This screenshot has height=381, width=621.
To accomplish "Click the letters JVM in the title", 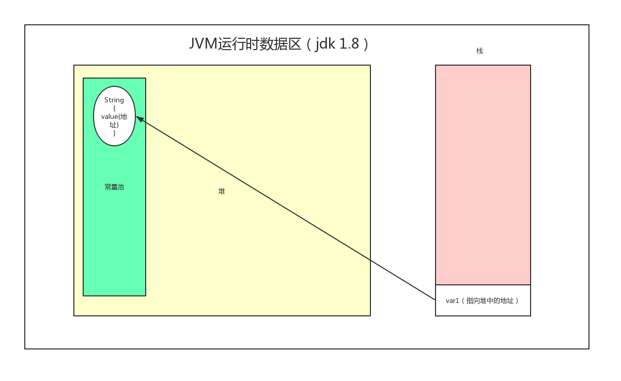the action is pyautogui.click(x=203, y=44).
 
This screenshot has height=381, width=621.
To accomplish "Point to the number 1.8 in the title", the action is pyautogui.click(x=349, y=44).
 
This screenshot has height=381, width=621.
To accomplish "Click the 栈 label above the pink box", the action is pyautogui.click(x=479, y=51).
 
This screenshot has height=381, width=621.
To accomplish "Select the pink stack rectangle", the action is pyautogui.click(x=483, y=175).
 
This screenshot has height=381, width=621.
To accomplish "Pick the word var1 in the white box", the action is pyautogui.click(x=453, y=300).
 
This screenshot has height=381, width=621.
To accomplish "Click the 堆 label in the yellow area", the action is pyautogui.click(x=222, y=191).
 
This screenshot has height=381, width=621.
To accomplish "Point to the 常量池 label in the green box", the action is pyautogui.click(x=114, y=187).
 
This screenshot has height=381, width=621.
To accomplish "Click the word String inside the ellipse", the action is pyautogui.click(x=114, y=100).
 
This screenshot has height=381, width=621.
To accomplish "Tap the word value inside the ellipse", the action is pyautogui.click(x=110, y=116).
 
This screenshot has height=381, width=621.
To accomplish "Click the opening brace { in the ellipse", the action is pyautogui.click(x=114, y=108).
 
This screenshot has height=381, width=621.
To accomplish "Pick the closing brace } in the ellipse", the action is pyautogui.click(x=114, y=133).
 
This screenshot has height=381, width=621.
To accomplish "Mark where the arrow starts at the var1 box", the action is pyautogui.click(x=435, y=299).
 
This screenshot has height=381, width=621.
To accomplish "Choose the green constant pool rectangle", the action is pyautogui.click(x=114, y=233).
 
